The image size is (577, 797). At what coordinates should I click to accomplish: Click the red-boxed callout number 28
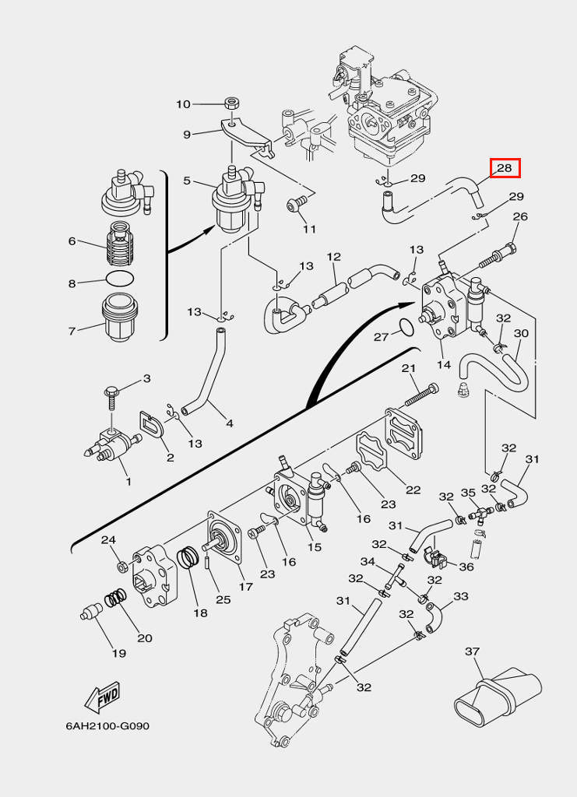tap(505, 168)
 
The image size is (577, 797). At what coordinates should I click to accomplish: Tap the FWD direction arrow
tap(102, 697)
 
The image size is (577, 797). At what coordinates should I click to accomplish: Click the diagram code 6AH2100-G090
tap(107, 726)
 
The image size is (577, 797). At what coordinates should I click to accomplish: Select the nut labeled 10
tap(232, 104)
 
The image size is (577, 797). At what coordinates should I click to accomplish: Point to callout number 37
tap(473, 651)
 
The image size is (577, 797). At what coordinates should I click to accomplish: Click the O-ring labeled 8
tap(120, 279)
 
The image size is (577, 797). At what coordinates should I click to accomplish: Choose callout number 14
tap(444, 364)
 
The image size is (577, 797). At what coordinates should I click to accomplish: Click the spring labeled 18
tap(188, 558)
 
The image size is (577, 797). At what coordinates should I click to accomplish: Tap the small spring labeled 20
tap(115, 599)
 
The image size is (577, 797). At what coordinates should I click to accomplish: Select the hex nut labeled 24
tap(122, 566)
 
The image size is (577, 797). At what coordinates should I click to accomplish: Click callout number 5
tap(187, 181)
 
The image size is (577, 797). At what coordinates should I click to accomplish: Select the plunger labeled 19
tap(92, 612)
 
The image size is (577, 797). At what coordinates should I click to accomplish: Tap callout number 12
tap(333, 257)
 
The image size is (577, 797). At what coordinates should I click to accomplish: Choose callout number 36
tap(466, 567)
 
